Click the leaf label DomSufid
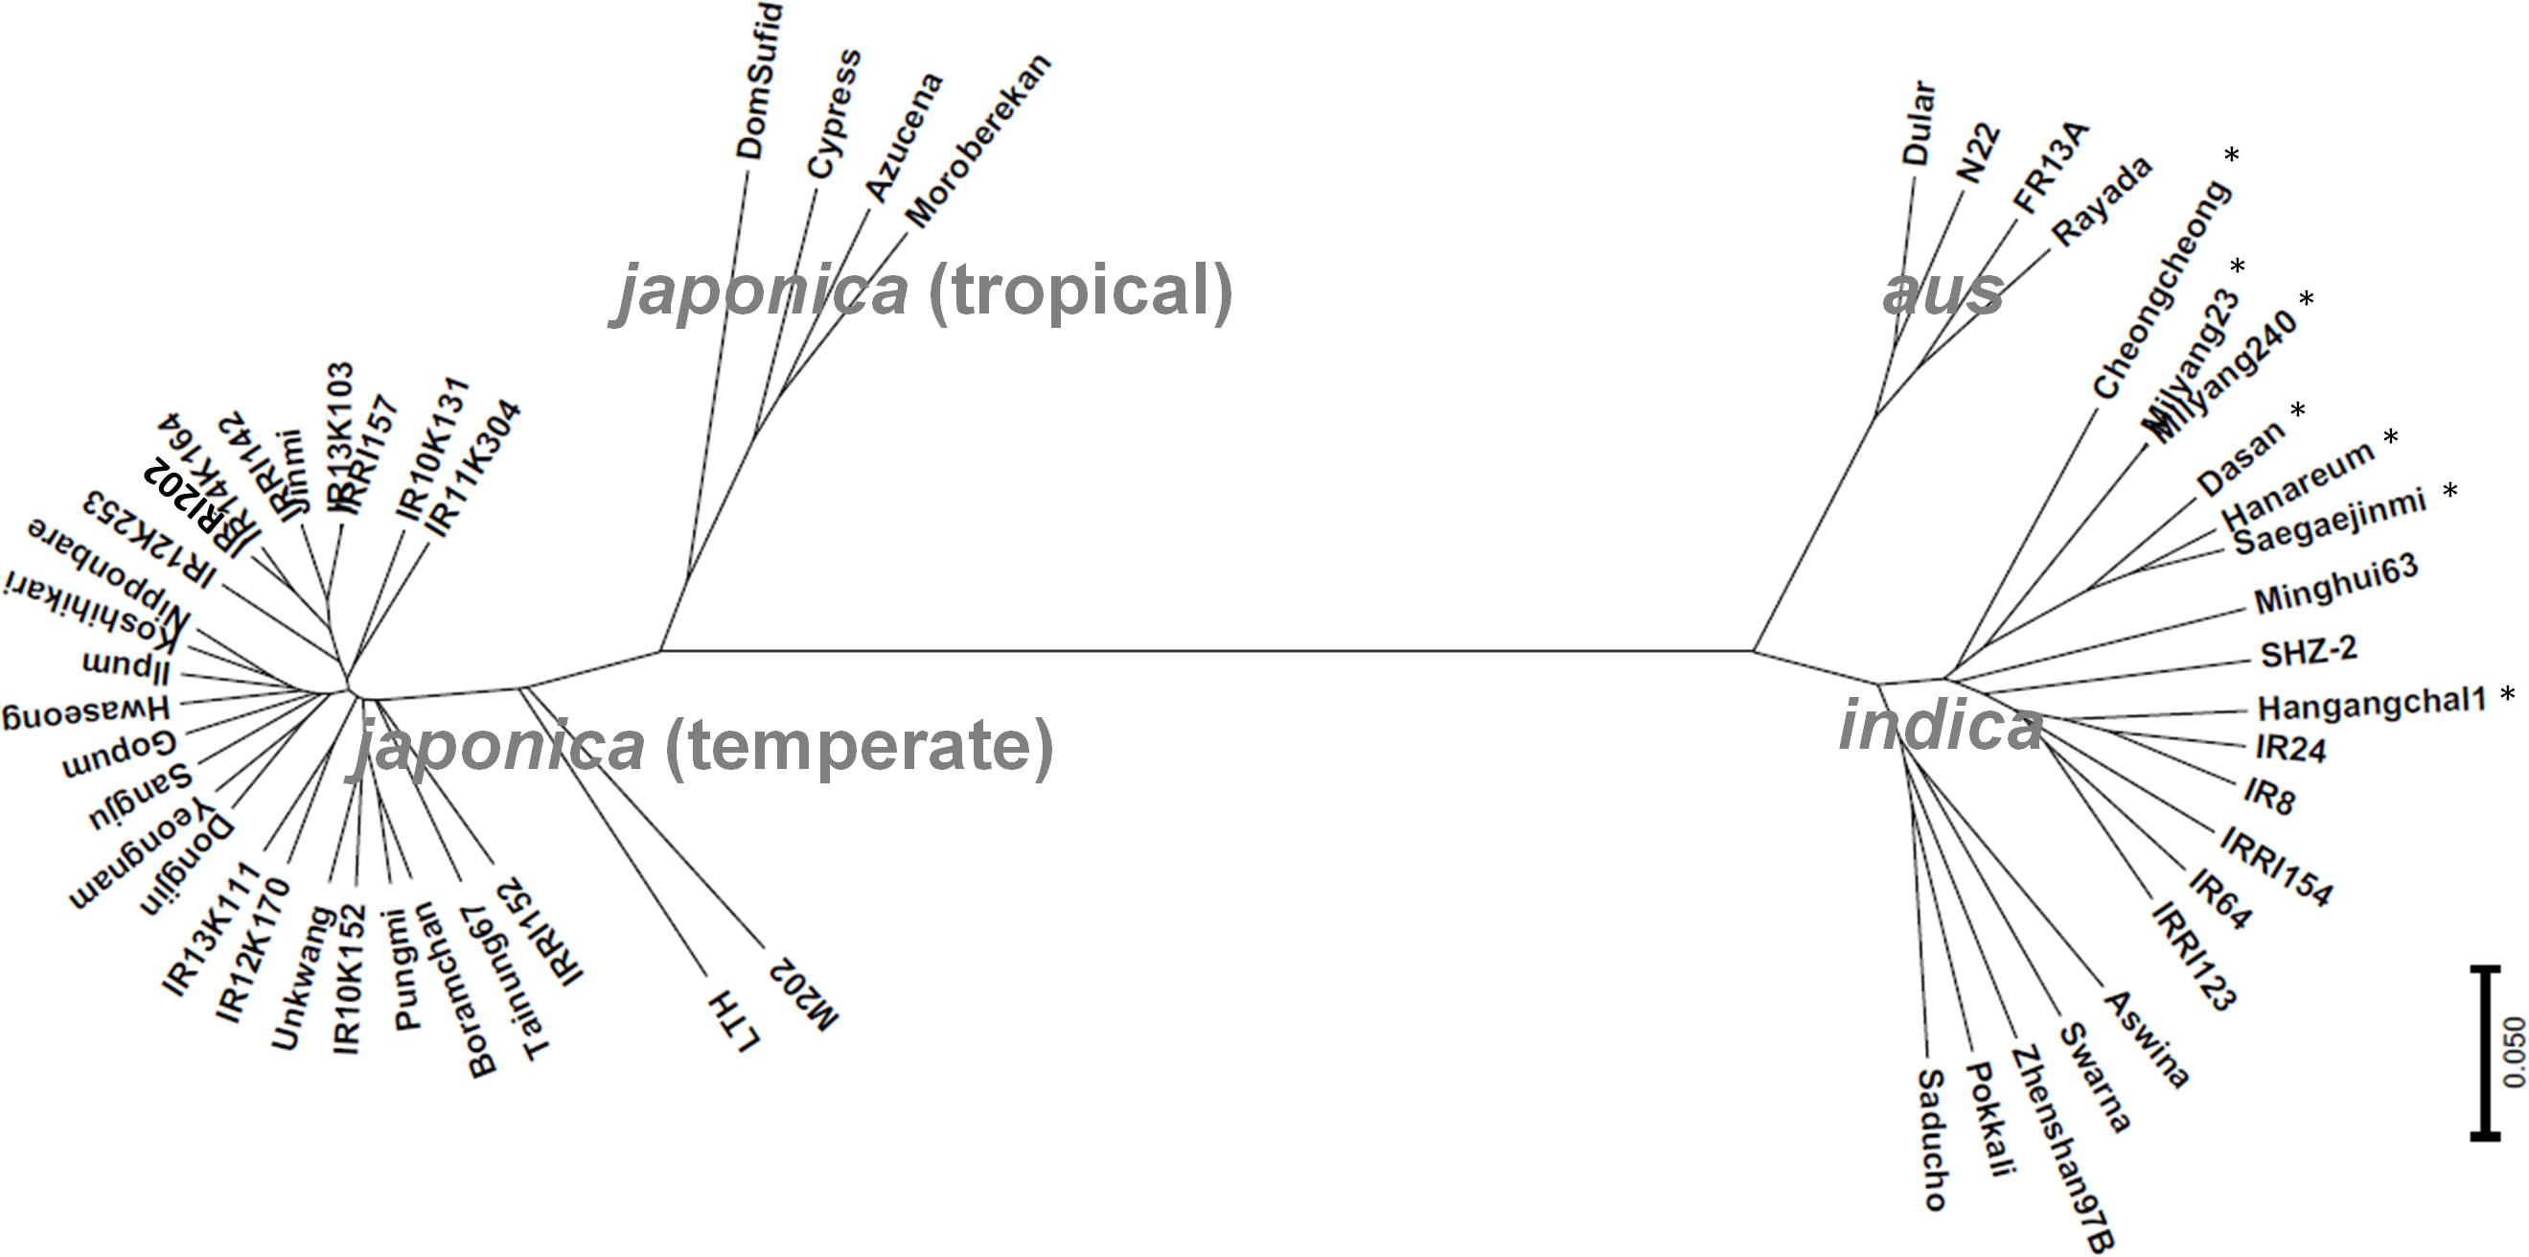[x=760, y=82]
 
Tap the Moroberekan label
[x=976, y=141]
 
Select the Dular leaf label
[x=1920, y=124]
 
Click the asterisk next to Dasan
[x=2298, y=411]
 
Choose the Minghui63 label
[x=2334, y=584]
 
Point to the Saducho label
[x=1930, y=1139]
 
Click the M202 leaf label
[x=803, y=992]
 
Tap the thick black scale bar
[x=2485, y=1052]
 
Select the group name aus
[x=1942, y=291]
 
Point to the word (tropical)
[x=1079, y=291]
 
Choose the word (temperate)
[x=859, y=745]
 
